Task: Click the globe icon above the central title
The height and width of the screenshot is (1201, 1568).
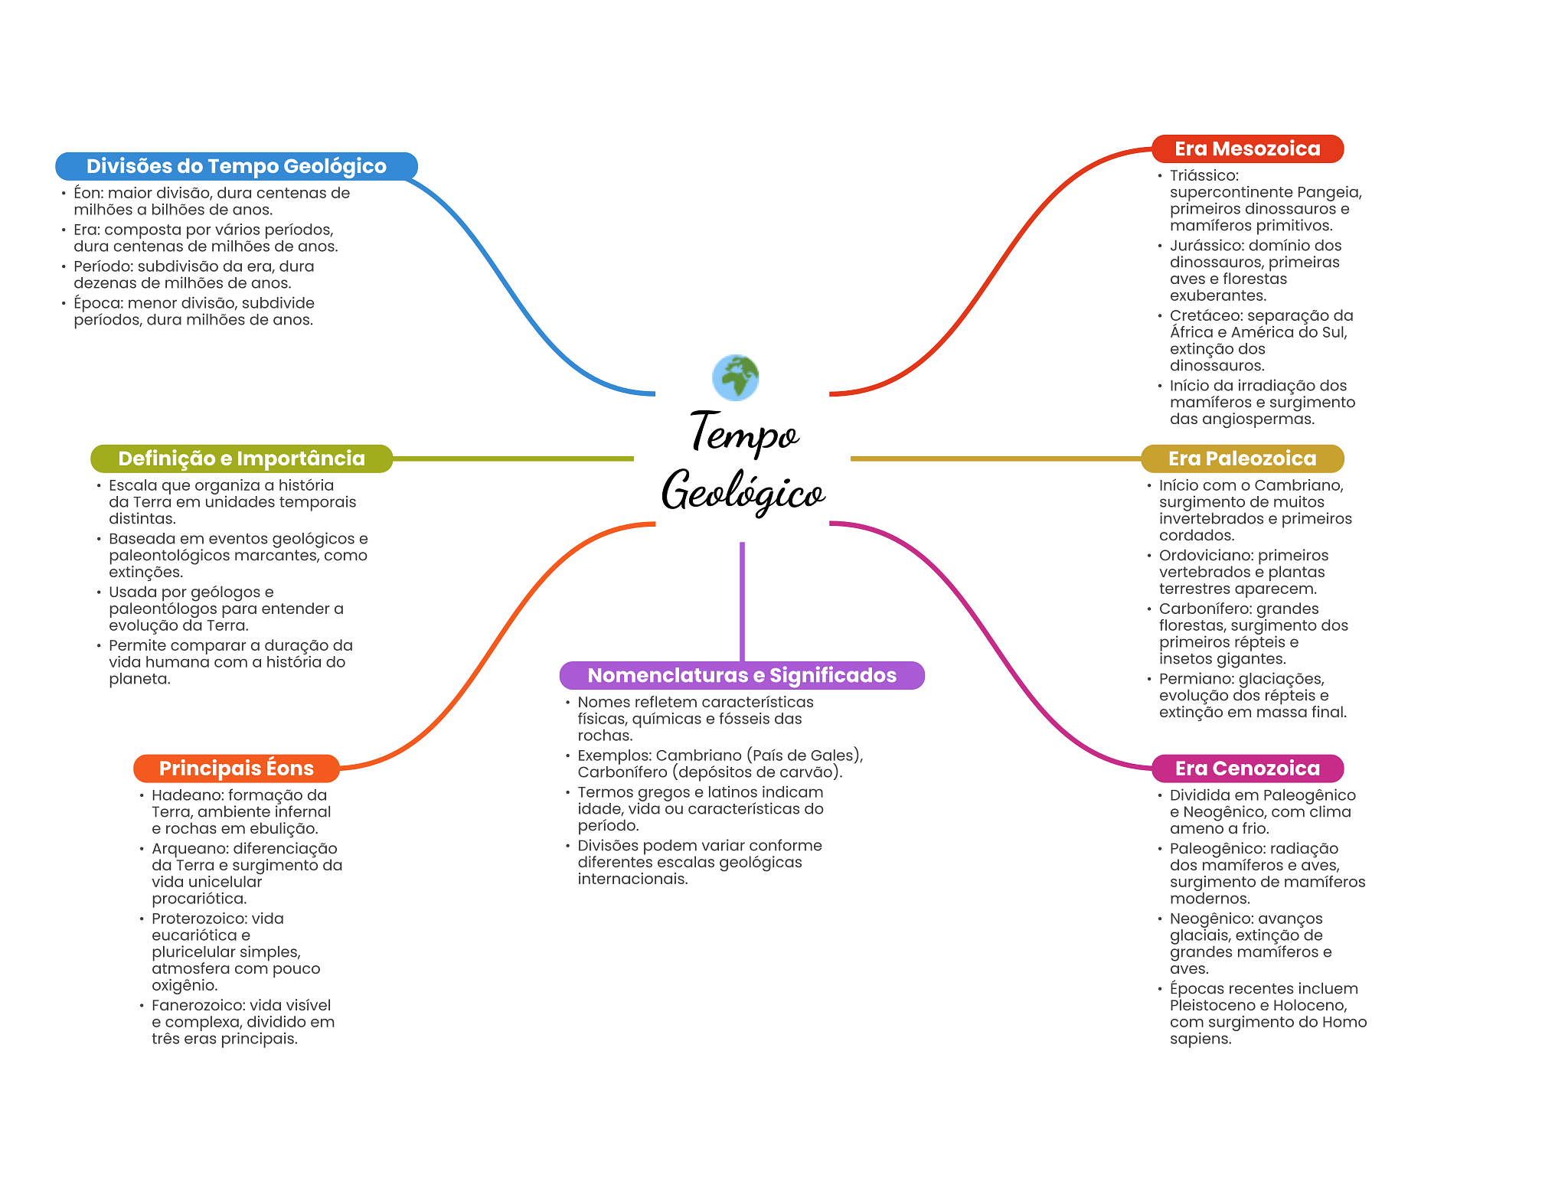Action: (735, 377)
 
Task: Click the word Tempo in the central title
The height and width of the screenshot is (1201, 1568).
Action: (744, 432)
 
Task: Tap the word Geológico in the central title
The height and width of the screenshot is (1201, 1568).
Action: (743, 491)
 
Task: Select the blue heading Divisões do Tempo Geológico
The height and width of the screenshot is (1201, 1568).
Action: (236, 166)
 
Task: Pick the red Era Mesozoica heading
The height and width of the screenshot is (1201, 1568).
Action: (1247, 148)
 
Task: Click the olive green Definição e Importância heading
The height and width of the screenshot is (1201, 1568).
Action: (241, 459)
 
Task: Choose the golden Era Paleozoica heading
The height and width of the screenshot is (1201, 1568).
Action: (1242, 459)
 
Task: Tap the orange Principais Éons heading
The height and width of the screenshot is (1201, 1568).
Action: (236, 769)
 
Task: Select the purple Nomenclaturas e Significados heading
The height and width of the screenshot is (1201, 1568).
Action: (741, 675)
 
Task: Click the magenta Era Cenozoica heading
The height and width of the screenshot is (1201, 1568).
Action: (1247, 769)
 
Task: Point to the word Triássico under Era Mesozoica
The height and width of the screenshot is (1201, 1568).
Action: (1203, 176)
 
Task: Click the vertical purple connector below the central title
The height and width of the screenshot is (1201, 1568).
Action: (742, 601)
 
